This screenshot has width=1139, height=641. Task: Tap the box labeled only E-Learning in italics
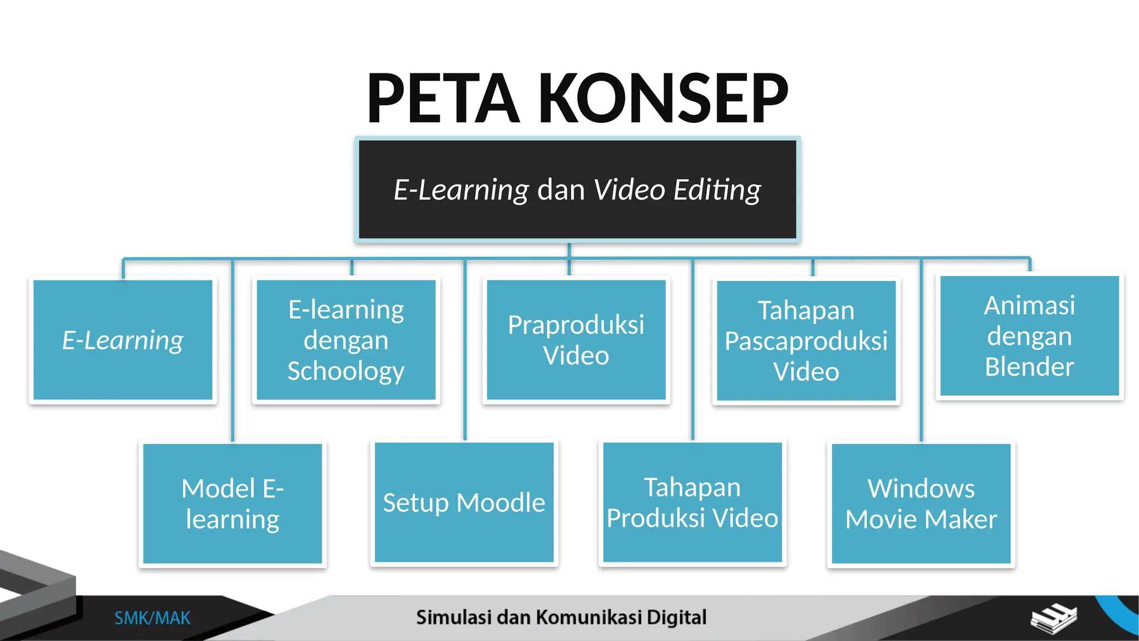pos(123,340)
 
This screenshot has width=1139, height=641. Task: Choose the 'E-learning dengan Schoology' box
pos(346,340)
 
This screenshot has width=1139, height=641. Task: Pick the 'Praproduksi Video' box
pos(576,340)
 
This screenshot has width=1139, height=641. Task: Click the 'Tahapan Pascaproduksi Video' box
pos(806,341)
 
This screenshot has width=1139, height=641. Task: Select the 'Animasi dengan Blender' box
pos(1029,336)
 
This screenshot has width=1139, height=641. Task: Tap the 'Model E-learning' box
pos(232,504)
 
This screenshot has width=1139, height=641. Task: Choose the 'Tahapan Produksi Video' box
pos(692,502)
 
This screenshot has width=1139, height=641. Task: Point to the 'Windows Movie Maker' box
pos(921,504)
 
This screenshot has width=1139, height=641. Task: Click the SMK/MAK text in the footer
pos(152,618)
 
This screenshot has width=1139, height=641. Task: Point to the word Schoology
pos(346,371)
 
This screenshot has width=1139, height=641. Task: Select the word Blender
pos(1029,367)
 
